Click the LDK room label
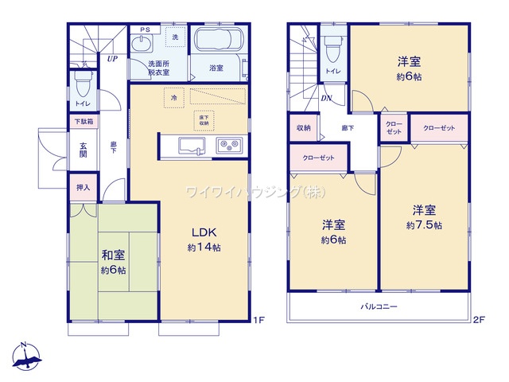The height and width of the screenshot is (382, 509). (204, 232)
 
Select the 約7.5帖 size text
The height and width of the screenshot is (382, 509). (423, 225)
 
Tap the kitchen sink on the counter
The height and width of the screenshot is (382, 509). (192, 144)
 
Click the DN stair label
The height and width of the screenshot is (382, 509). (326, 99)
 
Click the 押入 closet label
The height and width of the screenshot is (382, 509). (83, 188)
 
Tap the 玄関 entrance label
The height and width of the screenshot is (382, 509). (83, 150)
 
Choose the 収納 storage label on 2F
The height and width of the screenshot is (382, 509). (303, 127)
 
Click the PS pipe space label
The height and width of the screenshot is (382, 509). (145, 30)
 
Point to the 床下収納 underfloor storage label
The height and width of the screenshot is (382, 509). (204, 120)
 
